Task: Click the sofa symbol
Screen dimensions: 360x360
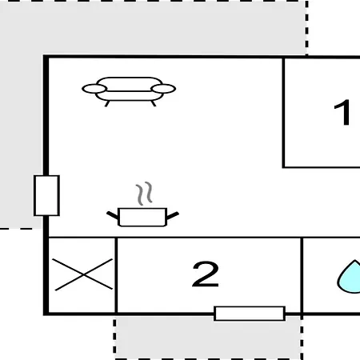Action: pos(129,91)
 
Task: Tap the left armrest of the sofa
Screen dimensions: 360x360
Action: pos(94,89)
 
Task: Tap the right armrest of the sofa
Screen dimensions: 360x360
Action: pos(163,89)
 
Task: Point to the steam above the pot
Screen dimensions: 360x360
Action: pos(144,194)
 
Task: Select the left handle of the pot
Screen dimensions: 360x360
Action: pos(113,215)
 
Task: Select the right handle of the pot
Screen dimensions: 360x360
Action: pos(173,215)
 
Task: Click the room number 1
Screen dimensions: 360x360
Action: pos(342,112)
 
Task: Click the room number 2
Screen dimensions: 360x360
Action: pos(206,274)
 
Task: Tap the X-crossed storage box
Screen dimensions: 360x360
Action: pos(82,274)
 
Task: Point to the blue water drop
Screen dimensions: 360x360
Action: pos(350,278)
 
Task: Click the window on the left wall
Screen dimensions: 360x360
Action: pos(46,195)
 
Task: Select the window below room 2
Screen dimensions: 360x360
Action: pos(250,314)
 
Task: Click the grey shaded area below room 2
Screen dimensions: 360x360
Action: pos(209,338)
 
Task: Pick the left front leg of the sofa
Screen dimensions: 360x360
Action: pos(107,103)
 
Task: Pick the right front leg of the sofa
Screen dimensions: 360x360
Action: pos(154,103)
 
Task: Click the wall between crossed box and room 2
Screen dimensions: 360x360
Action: pos(116,275)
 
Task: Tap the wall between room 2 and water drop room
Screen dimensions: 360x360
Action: pos(302,275)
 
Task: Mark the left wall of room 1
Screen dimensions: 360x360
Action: pos(283,113)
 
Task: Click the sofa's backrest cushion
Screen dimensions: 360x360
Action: pos(130,84)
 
